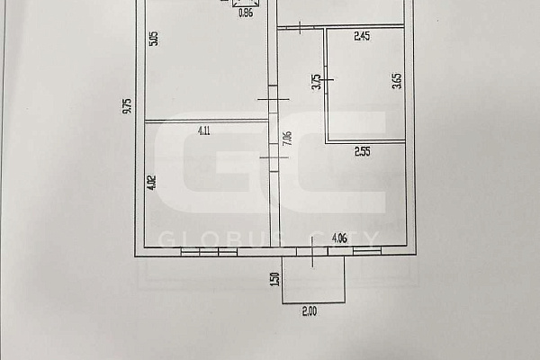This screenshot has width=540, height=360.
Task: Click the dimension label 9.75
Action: point(128,106)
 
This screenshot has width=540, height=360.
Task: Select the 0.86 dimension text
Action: point(246,13)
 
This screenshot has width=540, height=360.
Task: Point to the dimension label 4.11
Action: point(204,130)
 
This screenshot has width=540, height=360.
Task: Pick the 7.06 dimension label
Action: point(287,139)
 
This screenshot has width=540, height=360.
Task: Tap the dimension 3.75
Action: point(316,82)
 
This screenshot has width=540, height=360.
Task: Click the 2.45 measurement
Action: point(362,36)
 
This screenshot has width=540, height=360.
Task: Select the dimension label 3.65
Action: point(397,81)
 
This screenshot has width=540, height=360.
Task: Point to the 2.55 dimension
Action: point(363,151)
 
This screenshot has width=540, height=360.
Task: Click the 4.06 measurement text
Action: point(339,238)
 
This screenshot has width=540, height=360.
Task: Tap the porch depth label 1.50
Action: point(274,279)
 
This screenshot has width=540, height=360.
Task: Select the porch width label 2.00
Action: point(310,311)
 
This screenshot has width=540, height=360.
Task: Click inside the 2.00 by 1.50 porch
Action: point(313,280)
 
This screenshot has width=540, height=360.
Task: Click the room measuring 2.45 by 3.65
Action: point(365,85)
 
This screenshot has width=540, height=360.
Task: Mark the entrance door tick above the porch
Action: point(312,252)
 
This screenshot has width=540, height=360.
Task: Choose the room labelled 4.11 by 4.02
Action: point(207,184)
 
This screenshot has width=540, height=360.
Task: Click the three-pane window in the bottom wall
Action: point(209,252)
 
